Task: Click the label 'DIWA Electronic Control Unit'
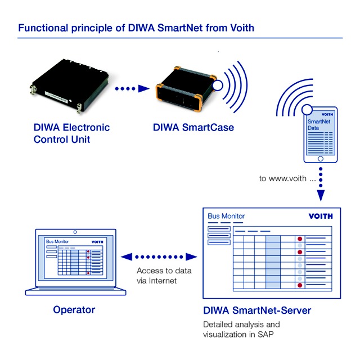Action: coord(71,133)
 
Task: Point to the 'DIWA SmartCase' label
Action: coord(193,128)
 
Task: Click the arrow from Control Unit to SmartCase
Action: coord(132,88)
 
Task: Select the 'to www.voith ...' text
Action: coord(283,178)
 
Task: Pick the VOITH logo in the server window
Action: coord(321,216)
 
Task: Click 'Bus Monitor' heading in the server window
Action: coord(226,216)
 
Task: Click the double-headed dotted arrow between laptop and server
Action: coord(160,256)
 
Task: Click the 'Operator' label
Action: coord(74,310)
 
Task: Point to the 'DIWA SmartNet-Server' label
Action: coord(256,310)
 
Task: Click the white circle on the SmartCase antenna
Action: coord(217,85)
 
